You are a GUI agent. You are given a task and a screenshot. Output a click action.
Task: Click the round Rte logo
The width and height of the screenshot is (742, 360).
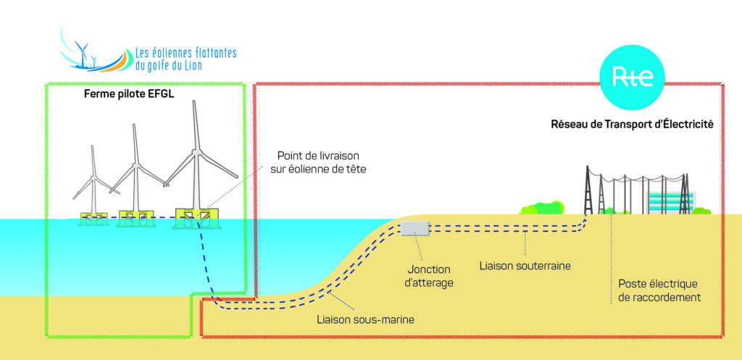tap(632, 78)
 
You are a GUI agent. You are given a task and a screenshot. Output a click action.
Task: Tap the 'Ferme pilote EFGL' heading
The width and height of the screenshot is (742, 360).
tap(129, 94)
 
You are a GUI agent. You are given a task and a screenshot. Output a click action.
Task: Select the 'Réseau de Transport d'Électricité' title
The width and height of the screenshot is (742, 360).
tap(632, 125)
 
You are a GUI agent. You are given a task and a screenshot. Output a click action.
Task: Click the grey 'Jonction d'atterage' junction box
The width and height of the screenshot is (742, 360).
tap(414, 228)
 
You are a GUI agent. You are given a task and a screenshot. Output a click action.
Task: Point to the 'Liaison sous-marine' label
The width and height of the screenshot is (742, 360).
tap(365, 319)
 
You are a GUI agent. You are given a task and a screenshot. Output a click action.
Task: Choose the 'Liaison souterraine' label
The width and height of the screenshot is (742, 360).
tap(525, 266)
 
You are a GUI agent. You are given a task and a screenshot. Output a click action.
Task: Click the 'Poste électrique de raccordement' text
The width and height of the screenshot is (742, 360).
tap(659, 291)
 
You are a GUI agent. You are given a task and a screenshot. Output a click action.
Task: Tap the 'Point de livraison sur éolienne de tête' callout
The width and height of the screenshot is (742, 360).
tap(317, 162)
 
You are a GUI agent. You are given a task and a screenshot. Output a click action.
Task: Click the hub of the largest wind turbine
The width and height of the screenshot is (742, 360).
tap(195, 153)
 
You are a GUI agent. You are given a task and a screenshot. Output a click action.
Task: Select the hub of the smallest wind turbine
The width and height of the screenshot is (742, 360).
tap(93, 179)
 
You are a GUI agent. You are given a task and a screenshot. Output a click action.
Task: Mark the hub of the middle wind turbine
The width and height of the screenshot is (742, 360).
tap(136, 166)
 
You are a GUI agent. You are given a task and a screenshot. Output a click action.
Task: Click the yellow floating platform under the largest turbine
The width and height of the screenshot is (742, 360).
tap(196, 218)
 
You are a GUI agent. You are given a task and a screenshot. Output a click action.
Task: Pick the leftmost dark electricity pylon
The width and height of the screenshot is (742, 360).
tap(588, 190)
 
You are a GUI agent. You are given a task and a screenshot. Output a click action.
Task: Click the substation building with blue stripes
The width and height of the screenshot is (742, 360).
tap(671, 201)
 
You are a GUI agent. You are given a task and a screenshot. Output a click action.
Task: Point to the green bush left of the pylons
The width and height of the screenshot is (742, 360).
tap(542, 207)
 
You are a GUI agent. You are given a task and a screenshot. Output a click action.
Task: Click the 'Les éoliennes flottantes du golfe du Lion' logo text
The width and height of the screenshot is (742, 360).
tap(185, 59)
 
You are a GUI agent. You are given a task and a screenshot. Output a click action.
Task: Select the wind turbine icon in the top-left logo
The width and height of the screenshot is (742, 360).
tap(83, 52)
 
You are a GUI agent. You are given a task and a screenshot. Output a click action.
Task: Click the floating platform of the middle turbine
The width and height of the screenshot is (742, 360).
tap(136, 219)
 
